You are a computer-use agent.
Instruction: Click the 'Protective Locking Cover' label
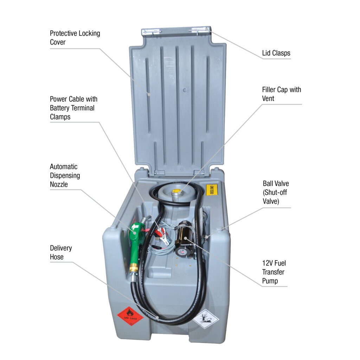point(75,38)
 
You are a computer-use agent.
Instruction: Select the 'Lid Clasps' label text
point(276,53)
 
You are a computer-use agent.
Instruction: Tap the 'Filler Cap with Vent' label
point(282,94)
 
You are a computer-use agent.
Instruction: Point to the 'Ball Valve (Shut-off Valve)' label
point(276,192)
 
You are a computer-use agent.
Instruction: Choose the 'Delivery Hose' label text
point(61,252)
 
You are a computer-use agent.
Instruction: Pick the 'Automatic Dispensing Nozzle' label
point(65,175)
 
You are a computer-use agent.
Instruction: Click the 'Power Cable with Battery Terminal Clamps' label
point(73,108)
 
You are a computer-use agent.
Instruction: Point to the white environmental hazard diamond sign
point(205,319)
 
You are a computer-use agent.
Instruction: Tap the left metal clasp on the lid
point(151,32)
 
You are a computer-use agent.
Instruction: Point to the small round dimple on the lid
point(185,90)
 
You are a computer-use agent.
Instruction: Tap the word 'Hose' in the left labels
point(57,257)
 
